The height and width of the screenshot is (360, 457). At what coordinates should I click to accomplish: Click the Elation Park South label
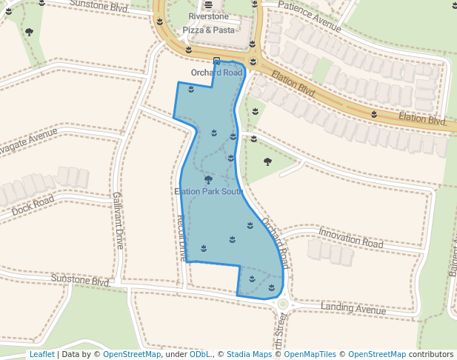(209, 191)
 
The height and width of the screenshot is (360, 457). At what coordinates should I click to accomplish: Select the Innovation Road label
(350, 238)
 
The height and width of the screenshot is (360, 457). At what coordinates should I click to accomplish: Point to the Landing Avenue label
(353, 307)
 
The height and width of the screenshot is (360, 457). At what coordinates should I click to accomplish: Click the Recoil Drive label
(182, 237)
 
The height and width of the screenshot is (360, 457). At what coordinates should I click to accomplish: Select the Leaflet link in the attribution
(41, 354)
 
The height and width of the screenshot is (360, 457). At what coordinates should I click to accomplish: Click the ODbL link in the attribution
(200, 354)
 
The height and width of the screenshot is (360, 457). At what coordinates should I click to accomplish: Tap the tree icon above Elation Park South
(208, 179)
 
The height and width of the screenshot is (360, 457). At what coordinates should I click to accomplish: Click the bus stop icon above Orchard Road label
(216, 61)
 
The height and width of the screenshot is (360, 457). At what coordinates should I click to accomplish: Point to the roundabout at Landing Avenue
(282, 304)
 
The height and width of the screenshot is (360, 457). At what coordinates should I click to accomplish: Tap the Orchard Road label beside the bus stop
(216, 73)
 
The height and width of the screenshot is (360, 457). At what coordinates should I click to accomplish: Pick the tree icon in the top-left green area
(29, 32)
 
